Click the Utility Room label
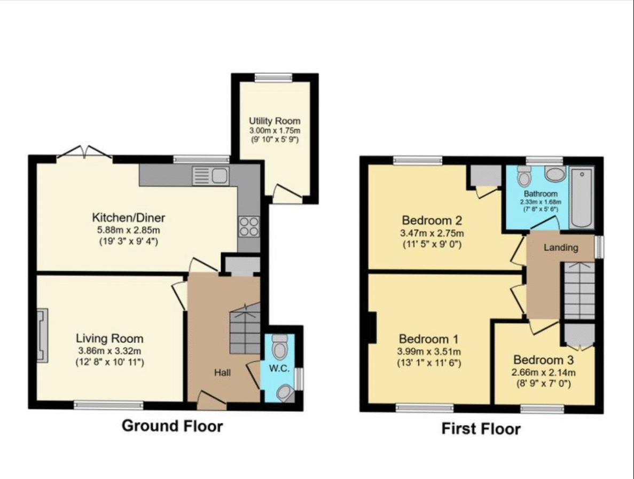click(275, 121)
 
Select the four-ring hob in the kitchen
click(248, 226)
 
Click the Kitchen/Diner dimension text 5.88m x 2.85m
click(129, 230)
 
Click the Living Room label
click(109, 339)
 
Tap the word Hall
click(223, 372)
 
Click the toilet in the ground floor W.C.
click(279, 349)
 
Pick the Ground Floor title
click(172, 426)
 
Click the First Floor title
click(481, 429)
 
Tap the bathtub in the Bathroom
click(582, 198)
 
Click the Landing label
click(560, 248)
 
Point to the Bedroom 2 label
click(432, 220)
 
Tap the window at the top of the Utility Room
click(273, 78)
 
